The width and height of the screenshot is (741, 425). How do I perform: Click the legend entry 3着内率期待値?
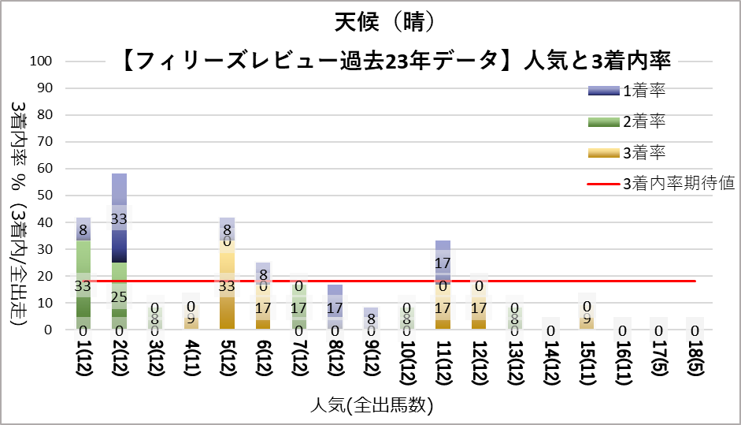(678, 184)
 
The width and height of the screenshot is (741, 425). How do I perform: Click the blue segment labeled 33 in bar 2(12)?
(119, 218)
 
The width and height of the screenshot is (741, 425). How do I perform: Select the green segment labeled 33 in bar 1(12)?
(83, 285)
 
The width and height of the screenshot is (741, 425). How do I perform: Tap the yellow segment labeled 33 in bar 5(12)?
(227, 285)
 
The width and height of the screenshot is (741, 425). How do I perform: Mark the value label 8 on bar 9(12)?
(371, 319)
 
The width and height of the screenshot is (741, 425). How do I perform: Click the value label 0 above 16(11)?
(622, 331)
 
